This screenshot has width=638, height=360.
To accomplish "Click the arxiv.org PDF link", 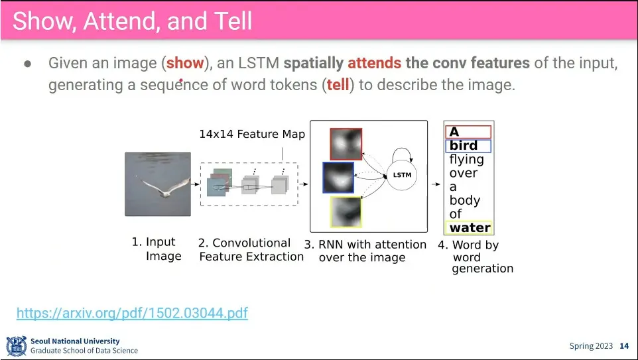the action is [x=132, y=313].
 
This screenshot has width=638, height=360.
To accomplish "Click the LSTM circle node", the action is [x=402, y=175].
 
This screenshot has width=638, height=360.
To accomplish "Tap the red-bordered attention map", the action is [x=346, y=144].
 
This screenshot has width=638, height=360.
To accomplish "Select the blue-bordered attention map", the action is [x=338, y=178].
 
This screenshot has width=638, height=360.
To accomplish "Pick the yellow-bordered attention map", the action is [x=346, y=212].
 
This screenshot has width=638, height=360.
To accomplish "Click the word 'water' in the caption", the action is [x=470, y=227].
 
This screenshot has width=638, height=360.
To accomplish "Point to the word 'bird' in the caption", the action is [x=463, y=145].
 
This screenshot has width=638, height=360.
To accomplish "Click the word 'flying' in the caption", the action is [x=467, y=160].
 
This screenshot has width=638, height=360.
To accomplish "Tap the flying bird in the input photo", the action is [x=164, y=187].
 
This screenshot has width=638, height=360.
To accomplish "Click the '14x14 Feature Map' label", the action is [x=252, y=134].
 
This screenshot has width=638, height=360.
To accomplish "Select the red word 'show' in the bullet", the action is [x=185, y=63].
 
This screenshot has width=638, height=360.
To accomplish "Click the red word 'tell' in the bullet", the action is [x=338, y=85].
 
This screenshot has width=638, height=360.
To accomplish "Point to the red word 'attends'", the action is [x=374, y=63].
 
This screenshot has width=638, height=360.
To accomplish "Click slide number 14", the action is [x=624, y=346].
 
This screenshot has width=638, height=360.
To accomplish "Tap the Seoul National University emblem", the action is [x=17, y=346].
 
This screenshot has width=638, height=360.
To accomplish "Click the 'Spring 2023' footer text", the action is [x=591, y=346].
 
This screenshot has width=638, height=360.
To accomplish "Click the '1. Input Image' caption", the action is [x=157, y=249].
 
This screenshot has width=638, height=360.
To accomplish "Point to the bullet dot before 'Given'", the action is [x=28, y=64].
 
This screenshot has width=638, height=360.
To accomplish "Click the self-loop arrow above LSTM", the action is [x=402, y=149].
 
